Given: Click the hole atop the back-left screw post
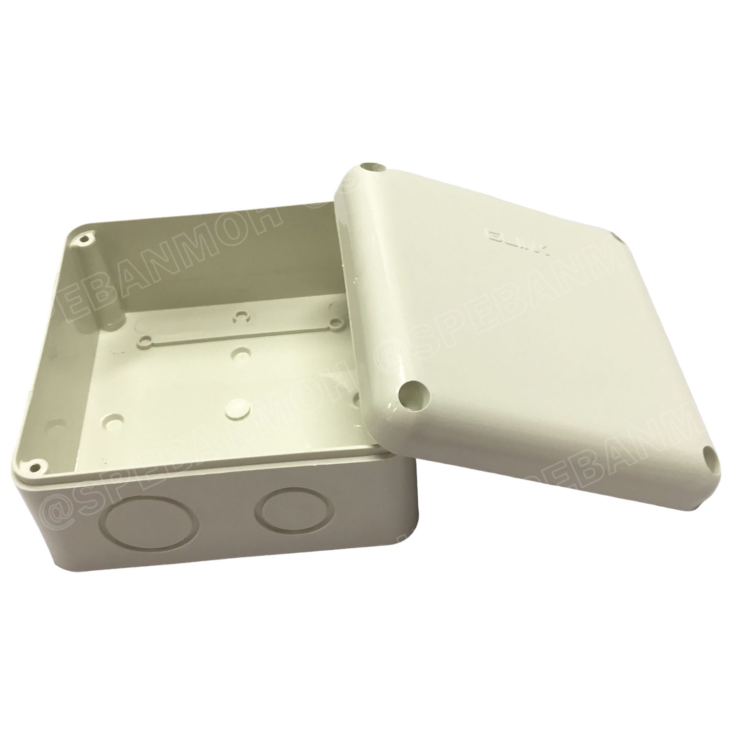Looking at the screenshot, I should (86, 240).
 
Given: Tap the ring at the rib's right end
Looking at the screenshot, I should (336, 323).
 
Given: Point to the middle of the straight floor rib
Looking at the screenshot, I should (239, 332).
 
